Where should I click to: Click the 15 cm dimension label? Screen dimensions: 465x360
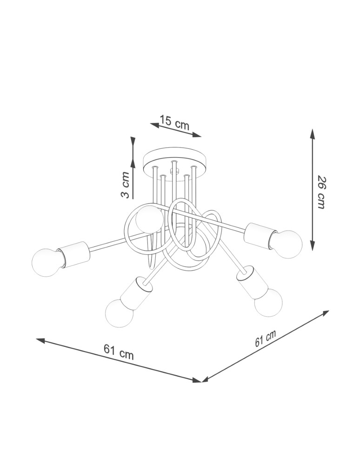(x=174, y=122)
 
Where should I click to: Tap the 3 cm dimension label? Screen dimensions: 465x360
(x=125, y=185)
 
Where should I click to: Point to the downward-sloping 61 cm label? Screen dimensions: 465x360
(x=119, y=352)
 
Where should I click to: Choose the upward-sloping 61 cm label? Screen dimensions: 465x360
(x=266, y=339)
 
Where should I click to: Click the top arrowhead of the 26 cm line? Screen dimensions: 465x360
(x=313, y=134)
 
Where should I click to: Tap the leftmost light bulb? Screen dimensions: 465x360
(x=46, y=262)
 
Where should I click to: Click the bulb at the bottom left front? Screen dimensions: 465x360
(x=119, y=313)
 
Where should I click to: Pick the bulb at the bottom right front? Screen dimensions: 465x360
(x=268, y=303)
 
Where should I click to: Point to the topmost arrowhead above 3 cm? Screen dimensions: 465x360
(x=133, y=140)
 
